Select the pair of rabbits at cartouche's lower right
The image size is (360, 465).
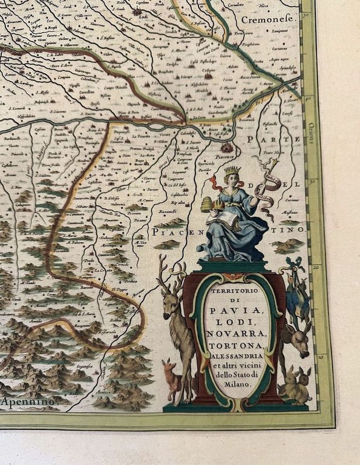point(296,384)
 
